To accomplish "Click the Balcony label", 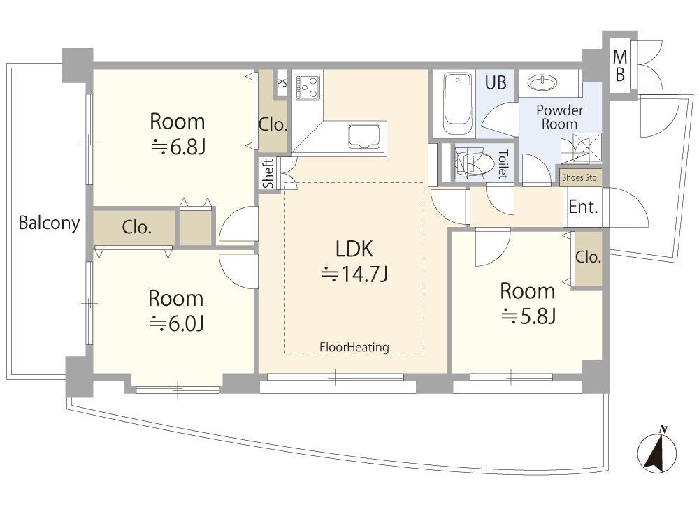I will (x=49, y=223).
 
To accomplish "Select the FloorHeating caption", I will (x=354, y=347).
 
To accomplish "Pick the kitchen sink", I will (x=365, y=135).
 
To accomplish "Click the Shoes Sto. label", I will (x=581, y=177).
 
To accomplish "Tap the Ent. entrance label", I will (x=582, y=207).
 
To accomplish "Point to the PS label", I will (x=282, y=83).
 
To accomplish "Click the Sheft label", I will (x=268, y=173).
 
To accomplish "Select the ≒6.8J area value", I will (x=178, y=147).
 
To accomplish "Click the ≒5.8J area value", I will (x=528, y=316).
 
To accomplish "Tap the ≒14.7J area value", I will (x=354, y=274).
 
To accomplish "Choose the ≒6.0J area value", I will (x=176, y=323).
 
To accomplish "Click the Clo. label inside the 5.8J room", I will (x=588, y=257).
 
